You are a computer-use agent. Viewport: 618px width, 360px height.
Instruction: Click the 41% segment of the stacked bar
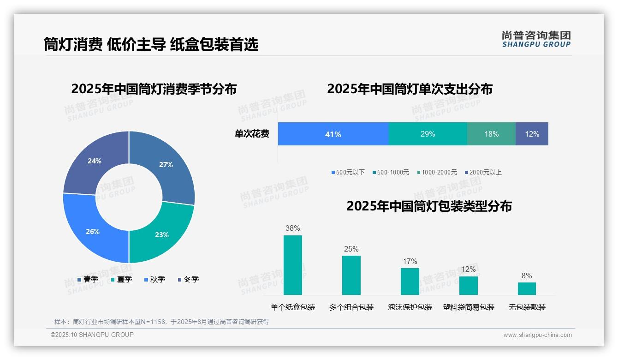click(333, 134)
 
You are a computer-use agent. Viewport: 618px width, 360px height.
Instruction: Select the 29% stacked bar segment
click(428, 134)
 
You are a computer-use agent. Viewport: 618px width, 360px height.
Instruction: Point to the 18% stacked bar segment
click(491, 134)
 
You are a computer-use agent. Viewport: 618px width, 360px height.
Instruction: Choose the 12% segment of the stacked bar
click(532, 134)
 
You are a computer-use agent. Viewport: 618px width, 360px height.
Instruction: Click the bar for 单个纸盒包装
click(292, 265)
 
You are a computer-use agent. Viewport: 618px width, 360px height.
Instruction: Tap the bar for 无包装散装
click(527, 288)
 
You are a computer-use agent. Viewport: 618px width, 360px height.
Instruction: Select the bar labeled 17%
click(410, 281)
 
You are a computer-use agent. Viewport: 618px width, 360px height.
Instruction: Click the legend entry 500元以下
click(348, 173)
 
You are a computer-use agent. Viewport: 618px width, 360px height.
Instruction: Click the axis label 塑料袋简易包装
click(468, 307)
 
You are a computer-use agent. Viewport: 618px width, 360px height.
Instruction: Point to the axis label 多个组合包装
click(351, 307)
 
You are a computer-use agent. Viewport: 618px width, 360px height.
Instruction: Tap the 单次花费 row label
click(252, 134)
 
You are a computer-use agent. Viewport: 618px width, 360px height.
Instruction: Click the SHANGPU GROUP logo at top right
click(536, 39)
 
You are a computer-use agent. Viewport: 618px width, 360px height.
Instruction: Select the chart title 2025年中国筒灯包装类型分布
click(429, 206)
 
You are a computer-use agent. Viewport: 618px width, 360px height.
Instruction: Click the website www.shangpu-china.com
click(537, 335)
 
